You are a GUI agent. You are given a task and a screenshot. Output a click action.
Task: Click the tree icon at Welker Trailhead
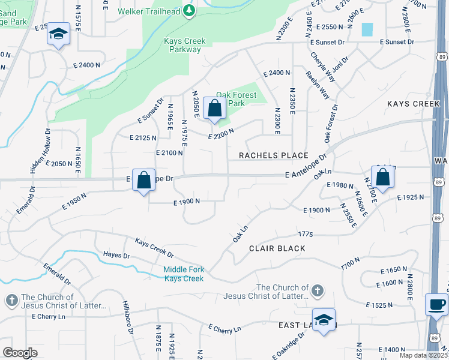(189, 11)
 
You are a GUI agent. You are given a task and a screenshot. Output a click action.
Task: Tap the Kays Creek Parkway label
(184, 45)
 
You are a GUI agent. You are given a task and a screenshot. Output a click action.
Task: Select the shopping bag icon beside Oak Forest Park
(214, 109)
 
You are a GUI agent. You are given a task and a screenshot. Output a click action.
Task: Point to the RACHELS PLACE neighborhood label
(273, 155)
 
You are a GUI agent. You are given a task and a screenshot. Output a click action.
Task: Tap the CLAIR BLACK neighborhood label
(277, 248)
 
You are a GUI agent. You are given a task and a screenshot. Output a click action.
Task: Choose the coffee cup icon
(436, 304)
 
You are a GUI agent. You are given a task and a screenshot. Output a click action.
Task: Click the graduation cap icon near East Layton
(324, 319)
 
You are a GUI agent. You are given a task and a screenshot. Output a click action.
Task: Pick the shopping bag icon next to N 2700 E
(382, 177)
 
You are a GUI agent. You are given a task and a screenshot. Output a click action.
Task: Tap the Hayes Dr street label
(116, 255)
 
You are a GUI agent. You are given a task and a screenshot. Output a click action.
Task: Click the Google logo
(20, 353)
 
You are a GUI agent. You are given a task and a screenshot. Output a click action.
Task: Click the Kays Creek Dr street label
(154, 247)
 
